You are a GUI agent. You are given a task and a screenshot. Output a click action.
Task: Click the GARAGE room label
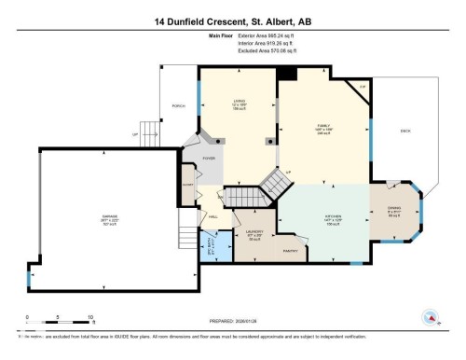click(110, 219)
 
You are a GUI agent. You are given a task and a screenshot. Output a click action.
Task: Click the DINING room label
click(393, 211)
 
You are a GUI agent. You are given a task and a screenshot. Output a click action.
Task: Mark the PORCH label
click(178, 106)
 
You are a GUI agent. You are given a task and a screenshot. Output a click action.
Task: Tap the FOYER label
click(210, 159)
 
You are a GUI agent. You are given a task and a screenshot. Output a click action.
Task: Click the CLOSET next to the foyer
click(187, 185)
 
